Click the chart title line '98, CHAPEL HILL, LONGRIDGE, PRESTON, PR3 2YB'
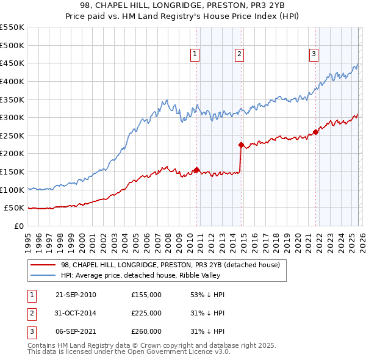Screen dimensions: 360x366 182,5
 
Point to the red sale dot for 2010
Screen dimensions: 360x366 196,170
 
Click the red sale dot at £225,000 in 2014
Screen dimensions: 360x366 241,145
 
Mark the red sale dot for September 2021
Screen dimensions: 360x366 315,132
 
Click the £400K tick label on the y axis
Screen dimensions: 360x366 12,81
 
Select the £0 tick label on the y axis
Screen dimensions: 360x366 18,226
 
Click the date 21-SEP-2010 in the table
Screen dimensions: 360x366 76,295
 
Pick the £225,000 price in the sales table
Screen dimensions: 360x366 146,313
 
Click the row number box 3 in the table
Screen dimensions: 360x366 30,331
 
